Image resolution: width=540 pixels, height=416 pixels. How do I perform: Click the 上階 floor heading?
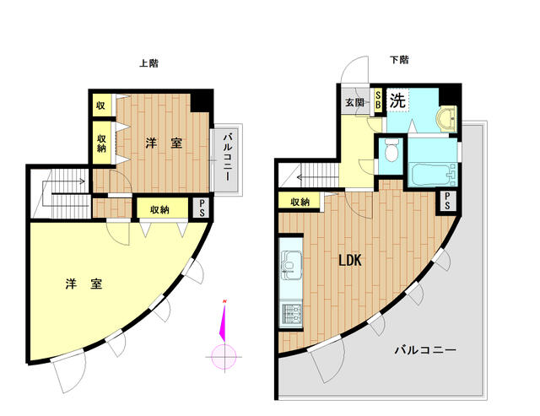(x=148, y=63)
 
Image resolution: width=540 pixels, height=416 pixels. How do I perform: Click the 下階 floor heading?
(x=399, y=60)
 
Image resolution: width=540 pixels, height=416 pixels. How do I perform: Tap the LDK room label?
(x=350, y=261)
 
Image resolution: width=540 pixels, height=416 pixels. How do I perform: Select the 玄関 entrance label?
(x=354, y=102)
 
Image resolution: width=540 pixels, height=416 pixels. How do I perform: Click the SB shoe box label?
(x=378, y=100)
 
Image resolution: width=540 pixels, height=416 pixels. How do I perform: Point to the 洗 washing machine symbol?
(x=397, y=100)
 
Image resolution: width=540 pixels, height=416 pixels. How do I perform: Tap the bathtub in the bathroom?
(x=433, y=174)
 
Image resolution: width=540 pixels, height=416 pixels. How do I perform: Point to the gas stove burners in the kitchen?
(x=291, y=313)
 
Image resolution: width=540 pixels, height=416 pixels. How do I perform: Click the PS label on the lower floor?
(x=447, y=201)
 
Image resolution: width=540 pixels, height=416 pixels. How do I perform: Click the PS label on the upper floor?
(x=202, y=208)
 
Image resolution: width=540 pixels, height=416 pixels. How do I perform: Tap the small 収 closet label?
(x=100, y=105)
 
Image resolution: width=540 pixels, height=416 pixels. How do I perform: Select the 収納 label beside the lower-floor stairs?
(x=300, y=203)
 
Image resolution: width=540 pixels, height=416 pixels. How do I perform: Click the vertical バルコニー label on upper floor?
(x=227, y=158)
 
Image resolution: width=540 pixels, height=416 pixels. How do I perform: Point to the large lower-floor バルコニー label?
(x=425, y=350)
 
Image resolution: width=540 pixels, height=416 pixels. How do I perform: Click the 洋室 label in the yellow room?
(x=84, y=284)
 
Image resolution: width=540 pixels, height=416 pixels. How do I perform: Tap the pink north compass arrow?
(x=223, y=320)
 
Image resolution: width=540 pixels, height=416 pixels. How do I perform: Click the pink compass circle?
(x=224, y=357)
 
